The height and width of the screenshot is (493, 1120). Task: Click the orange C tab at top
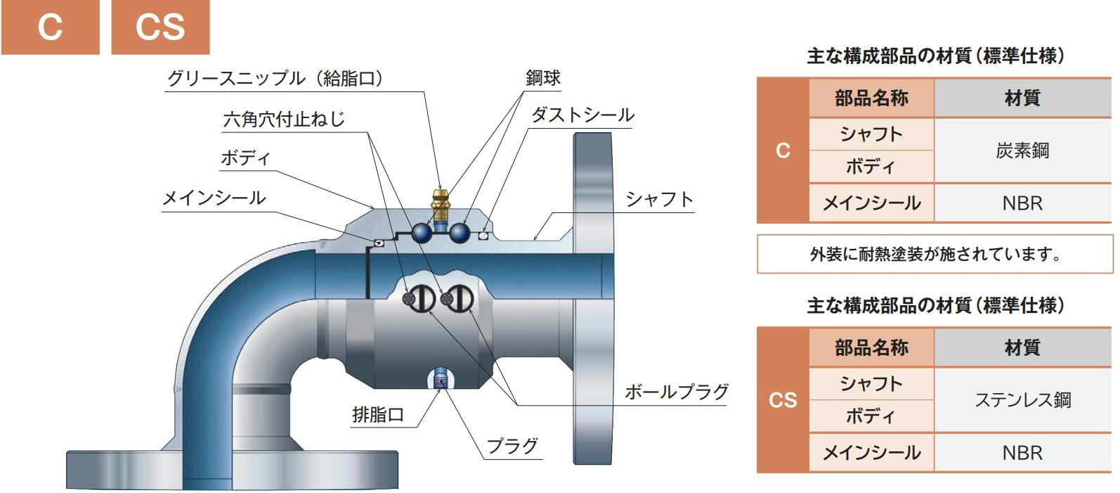(50, 27)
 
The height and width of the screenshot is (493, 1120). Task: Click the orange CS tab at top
(160, 27)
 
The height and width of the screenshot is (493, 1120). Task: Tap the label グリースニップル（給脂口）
(275, 79)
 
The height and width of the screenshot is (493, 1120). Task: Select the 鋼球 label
(543, 77)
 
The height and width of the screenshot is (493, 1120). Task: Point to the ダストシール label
(582, 115)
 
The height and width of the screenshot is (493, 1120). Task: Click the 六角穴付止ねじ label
(284, 119)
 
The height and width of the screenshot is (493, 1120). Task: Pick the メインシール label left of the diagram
(214, 198)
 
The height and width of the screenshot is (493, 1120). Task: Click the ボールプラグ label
(677, 392)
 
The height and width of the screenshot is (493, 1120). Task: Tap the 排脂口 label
(378, 414)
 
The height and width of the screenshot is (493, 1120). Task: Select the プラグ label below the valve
(512, 445)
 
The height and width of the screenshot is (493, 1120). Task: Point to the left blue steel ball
(422, 233)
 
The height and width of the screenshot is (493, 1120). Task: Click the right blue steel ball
(460, 233)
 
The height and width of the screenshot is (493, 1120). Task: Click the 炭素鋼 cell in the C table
(1022, 151)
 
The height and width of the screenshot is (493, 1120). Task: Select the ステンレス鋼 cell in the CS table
(1022, 400)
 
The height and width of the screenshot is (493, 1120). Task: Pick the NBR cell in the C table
(1022, 203)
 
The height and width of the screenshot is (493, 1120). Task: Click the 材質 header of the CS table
(1022, 347)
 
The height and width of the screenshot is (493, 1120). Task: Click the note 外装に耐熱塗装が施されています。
(935, 255)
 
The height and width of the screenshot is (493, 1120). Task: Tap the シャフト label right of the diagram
(660, 199)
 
